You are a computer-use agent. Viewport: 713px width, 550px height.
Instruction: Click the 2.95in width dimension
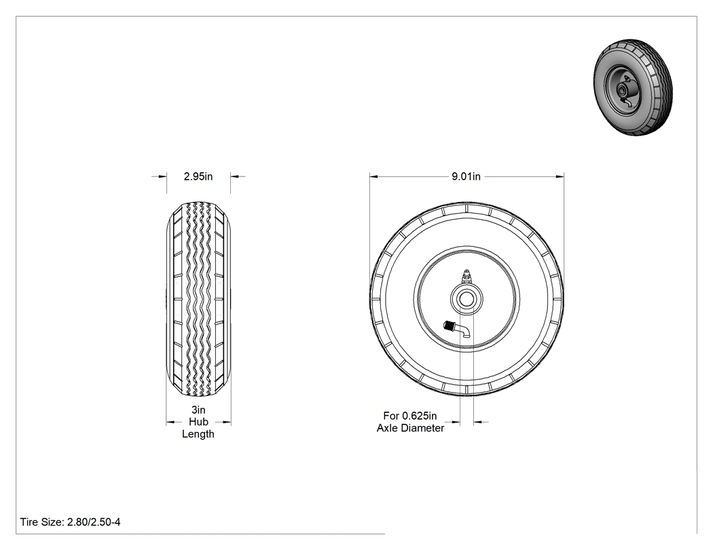[198, 176]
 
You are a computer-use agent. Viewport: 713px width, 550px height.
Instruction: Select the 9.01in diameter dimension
[466, 176]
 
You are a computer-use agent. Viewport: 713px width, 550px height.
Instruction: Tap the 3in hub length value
[198, 410]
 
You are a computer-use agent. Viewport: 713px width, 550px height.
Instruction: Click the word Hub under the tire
[198, 422]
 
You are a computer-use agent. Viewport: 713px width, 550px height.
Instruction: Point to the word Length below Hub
[198, 434]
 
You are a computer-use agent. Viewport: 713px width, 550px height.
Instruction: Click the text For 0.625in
[409, 416]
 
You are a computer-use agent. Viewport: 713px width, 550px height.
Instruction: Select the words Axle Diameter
[410, 428]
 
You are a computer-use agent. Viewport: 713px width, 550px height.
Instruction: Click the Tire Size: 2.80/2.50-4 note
[71, 522]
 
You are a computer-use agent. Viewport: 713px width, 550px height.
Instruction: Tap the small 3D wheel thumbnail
[634, 87]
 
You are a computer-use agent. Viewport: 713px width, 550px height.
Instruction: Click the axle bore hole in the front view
[467, 299]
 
